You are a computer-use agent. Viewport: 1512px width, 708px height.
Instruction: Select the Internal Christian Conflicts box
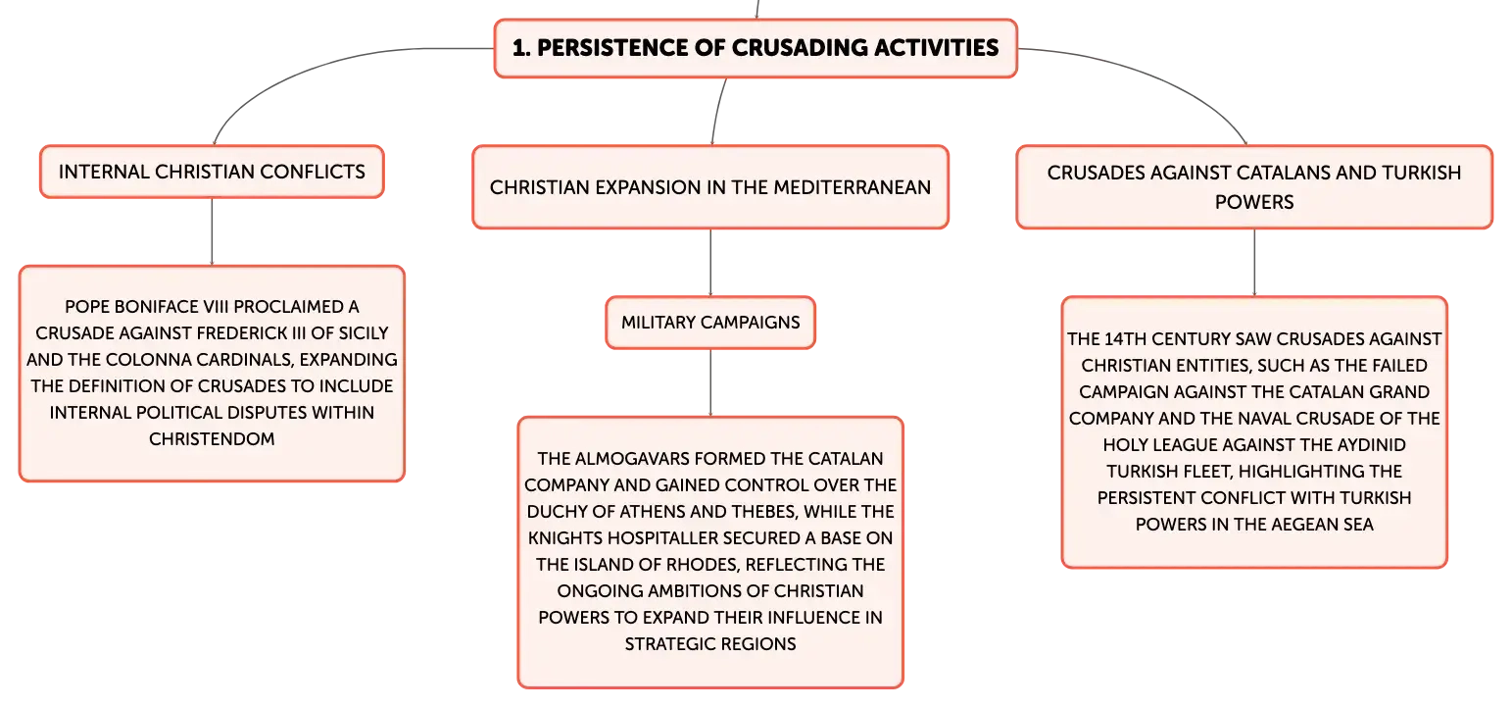pyautogui.click(x=212, y=172)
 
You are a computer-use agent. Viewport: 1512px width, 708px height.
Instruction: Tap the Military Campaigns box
pyautogui.click(x=710, y=323)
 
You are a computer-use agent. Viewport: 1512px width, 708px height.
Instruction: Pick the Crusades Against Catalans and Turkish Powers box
pyautogui.click(x=1254, y=187)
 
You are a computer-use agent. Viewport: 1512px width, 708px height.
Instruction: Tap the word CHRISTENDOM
pyautogui.click(x=212, y=439)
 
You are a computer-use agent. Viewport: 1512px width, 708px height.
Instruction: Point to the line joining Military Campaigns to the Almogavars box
pyautogui.click(x=710, y=383)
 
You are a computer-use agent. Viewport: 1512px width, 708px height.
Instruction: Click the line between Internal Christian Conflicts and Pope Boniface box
pyautogui.click(x=212, y=231)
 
